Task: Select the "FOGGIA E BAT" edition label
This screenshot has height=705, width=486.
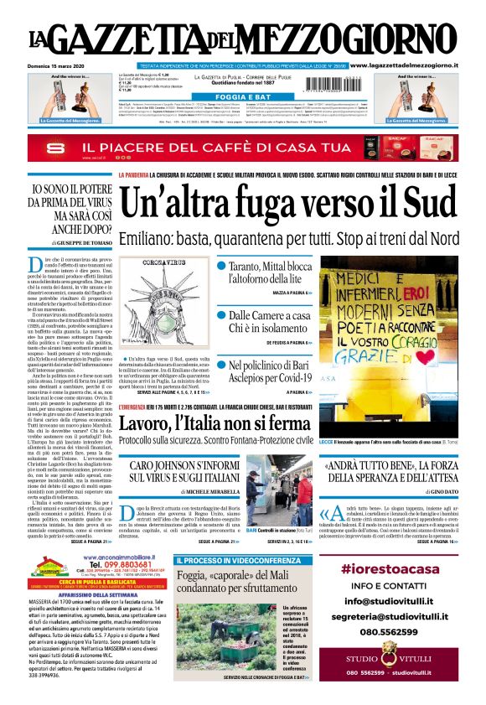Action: coord(242,96)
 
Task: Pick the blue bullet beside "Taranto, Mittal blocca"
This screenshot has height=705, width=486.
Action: coord(221,267)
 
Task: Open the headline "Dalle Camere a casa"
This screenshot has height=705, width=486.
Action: coord(269,314)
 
